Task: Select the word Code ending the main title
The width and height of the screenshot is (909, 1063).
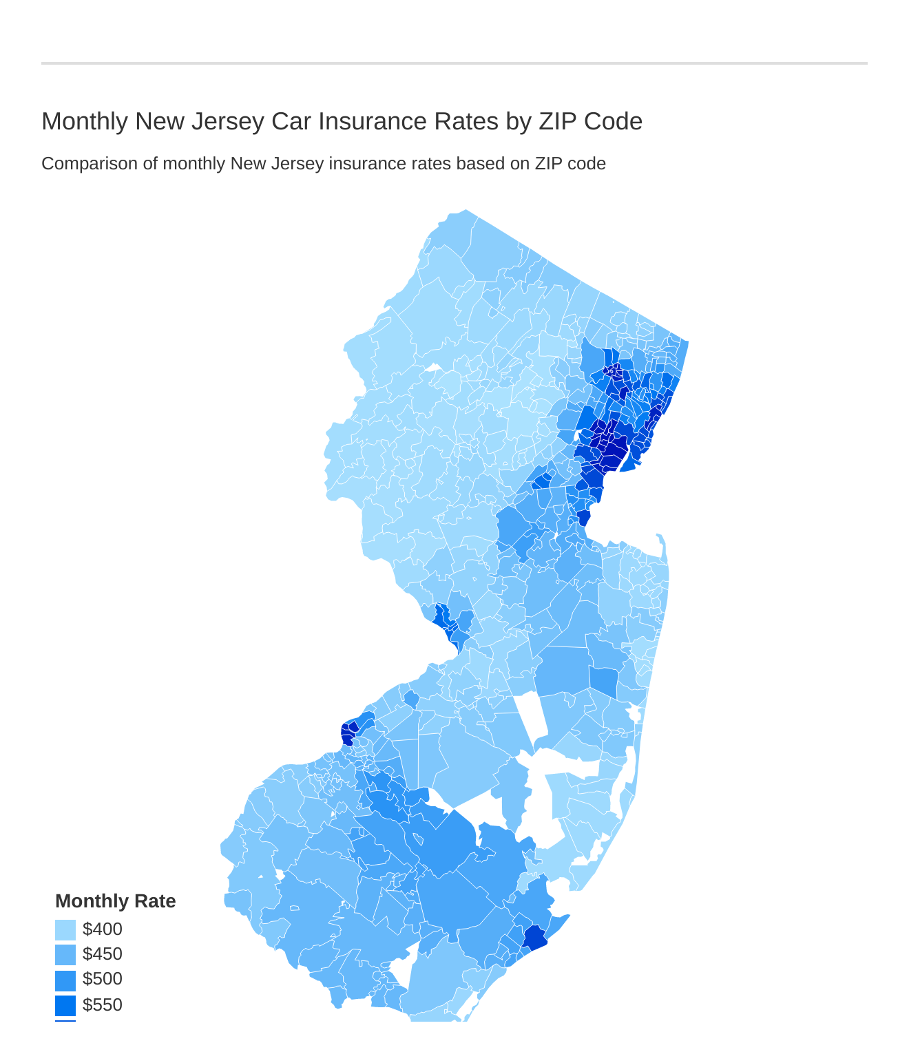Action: coord(613,121)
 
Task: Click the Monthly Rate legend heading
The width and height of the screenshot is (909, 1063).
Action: coord(115,901)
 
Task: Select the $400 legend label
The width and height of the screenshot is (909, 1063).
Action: coord(102,929)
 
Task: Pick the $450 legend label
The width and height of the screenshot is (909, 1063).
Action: coord(102,954)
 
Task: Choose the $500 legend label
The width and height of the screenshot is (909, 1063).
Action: coord(102,979)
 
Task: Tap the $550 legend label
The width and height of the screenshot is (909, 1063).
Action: coord(102,1004)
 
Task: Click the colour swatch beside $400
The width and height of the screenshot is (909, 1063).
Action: coord(65,930)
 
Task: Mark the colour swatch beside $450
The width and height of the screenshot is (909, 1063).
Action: coord(65,955)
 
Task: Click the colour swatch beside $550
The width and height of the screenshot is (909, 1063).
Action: coord(65,1005)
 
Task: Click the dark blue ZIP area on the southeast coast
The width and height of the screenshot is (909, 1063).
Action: coord(534,938)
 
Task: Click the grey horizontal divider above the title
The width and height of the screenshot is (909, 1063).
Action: coord(454,63)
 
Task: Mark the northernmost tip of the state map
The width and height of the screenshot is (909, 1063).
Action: coord(466,211)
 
